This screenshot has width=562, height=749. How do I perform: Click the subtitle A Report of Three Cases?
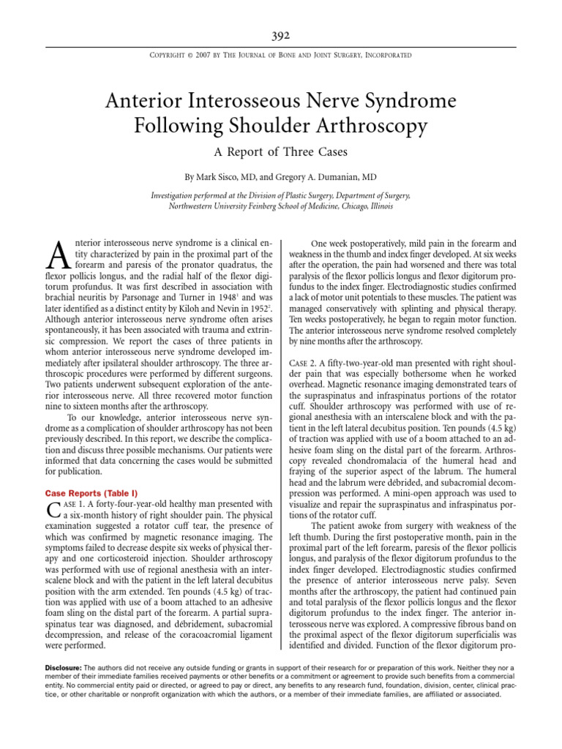coord(281,152)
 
